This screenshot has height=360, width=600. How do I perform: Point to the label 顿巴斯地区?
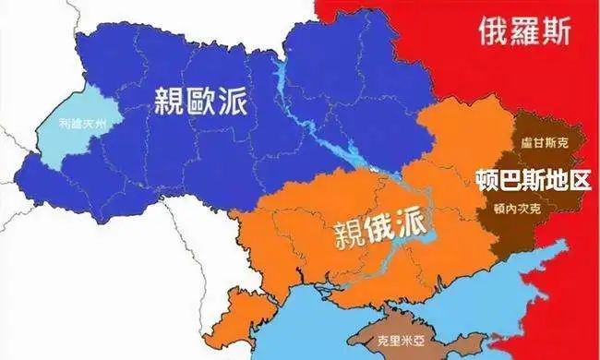point(534,178)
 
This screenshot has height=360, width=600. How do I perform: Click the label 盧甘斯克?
point(538,144)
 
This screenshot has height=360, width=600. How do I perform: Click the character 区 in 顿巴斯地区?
point(578,178)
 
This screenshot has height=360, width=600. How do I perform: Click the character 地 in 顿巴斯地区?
point(556,178)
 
